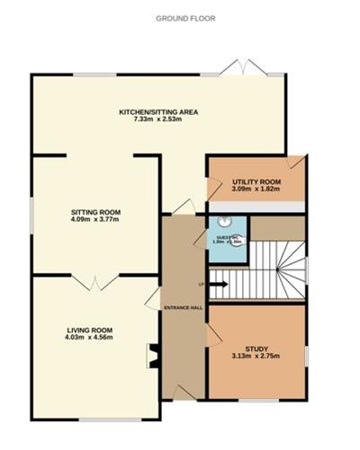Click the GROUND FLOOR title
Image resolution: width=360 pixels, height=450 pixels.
coord(181,18)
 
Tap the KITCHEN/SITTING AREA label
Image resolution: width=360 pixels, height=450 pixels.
coord(158,112)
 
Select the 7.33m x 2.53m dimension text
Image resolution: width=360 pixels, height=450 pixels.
coord(158,121)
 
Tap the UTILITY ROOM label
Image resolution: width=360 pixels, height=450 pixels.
coord(256,182)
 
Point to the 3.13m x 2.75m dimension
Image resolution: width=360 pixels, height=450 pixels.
coord(256,357)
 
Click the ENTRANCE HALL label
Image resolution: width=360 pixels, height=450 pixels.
coord(183,308)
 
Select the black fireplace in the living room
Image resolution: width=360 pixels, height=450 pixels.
coord(153,357)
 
